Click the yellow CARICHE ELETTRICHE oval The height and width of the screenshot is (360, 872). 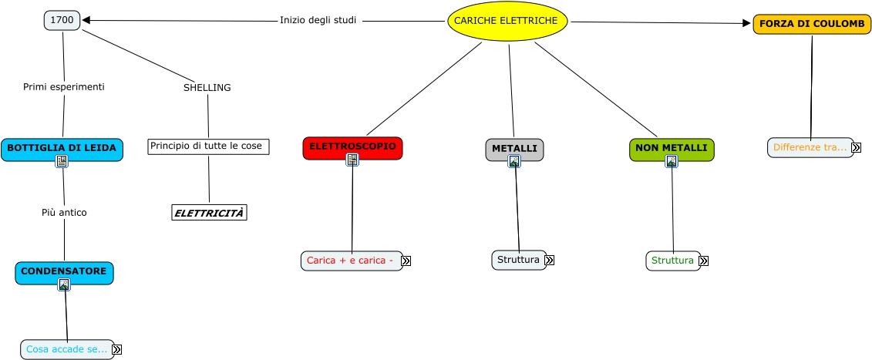[x=507, y=21]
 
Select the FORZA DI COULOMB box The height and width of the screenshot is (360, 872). [x=811, y=24]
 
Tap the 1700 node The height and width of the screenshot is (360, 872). [x=62, y=20]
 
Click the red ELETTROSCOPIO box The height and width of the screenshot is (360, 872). [x=352, y=146]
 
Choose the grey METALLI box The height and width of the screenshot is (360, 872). [x=514, y=148]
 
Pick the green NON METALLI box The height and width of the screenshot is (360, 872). [x=671, y=148]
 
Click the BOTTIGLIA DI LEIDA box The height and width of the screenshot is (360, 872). [x=62, y=148]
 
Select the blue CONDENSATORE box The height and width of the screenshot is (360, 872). [x=64, y=272]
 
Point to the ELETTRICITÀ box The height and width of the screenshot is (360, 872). [x=209, y=213]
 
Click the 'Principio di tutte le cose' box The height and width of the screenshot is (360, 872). [x=208, y=146]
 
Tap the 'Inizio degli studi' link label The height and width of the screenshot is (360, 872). [x=318, y=20]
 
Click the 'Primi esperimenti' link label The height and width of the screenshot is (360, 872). [x=63, y=87]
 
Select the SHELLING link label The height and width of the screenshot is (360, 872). [x=207, y=88]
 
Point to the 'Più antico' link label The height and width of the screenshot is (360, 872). [x=64, y=213]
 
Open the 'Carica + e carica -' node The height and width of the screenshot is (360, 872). [x=351, y=261]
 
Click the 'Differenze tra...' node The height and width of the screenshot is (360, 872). [x=810, y=147]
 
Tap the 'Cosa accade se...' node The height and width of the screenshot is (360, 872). [x=66, y=349]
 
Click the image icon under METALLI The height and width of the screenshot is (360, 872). [x=514, y=161]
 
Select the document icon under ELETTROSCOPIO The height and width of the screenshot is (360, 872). [x=352, y=160]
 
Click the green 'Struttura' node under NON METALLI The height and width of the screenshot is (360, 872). [x=672, y=261]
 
